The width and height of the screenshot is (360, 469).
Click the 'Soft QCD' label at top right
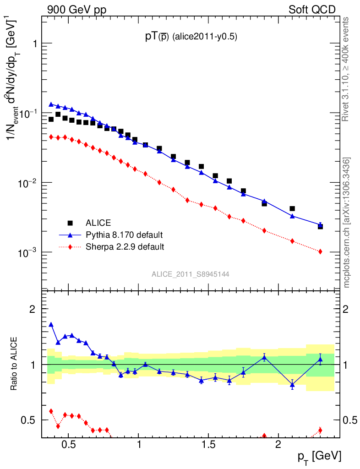pos(312,10)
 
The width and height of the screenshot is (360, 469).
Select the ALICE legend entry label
pos(98,223)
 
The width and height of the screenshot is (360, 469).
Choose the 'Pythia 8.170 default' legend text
pos(124,235)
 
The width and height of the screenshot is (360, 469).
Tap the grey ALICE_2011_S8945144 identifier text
pos(191,274)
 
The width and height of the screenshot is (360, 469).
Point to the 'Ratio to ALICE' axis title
pos(15,365)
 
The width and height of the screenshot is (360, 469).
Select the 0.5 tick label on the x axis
pos(68,444)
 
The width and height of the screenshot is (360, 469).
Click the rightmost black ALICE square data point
pos(320,226)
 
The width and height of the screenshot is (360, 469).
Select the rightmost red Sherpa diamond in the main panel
pos(320,251)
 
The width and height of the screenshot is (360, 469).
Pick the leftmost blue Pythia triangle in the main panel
pos(51,104)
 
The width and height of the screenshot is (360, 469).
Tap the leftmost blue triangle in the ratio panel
pos(51,324)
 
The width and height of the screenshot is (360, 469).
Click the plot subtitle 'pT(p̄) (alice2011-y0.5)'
pos(191,38)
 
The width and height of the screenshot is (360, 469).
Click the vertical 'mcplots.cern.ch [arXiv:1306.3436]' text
pos(347,223)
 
